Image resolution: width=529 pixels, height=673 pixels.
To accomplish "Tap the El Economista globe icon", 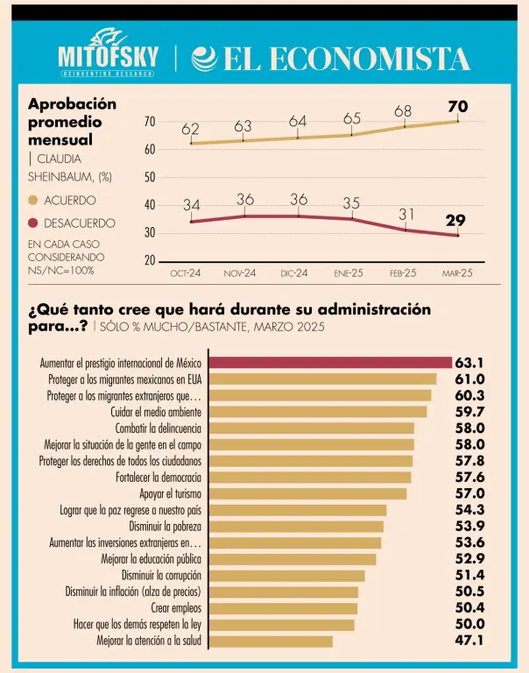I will coord(203,59).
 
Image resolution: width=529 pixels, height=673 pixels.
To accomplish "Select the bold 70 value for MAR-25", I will coord(457,107).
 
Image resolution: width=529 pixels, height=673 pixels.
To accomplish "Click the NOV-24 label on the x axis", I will coord(240,273).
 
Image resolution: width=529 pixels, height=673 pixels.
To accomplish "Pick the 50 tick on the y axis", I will coord(150,177).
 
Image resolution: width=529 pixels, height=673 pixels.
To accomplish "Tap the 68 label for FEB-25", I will coord(403,111).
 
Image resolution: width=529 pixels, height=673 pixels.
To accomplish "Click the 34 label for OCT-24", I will coord(192,206).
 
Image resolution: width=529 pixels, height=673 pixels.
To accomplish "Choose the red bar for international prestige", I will coord(333,362).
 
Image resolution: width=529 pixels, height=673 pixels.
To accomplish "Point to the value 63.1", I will coord(469,362).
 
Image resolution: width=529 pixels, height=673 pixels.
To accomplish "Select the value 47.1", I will coord(469,641).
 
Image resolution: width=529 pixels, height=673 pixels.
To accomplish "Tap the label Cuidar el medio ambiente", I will coord(156,411).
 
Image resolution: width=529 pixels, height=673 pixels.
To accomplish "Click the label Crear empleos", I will coord(176,608).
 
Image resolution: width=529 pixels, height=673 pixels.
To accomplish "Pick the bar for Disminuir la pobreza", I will coord(299,526).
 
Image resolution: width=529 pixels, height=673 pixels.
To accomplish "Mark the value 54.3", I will coord(469,510).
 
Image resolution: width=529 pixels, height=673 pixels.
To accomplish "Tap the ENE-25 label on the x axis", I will coord(349,273).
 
